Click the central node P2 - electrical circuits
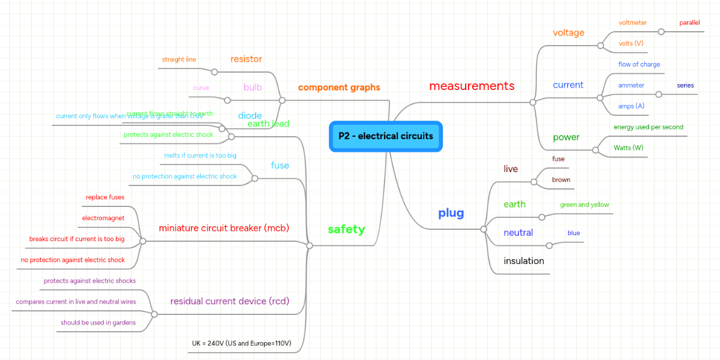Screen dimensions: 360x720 tap(386, 136)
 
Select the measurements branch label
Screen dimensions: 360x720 tap(472, 86)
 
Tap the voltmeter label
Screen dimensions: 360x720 tap(632, 23)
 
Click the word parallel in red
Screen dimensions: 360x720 tap(689, 23)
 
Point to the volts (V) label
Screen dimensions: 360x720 tap(631, 43)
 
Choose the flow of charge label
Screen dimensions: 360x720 tap(639, 64)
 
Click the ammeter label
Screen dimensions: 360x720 tap(631, 85)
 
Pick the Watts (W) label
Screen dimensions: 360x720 tap(628, 148)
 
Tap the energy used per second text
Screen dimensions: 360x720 tap(648, 127)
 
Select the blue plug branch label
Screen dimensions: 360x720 tap(451, 213)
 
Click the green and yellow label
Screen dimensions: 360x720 tap(584, 205)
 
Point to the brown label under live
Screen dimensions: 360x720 tap(561, 180)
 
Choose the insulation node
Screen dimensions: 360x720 tap(524, 261)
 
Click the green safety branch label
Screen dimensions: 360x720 tap(346, 229)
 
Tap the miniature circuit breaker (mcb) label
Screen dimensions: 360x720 tap(224, 228)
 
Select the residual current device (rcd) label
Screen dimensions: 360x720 tap(230, 301)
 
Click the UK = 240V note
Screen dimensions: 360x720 tap(241, 344)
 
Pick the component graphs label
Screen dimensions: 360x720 tap(339, 88)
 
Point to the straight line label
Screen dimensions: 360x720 tap(179, 59)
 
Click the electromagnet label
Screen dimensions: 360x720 tap(103, 218)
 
